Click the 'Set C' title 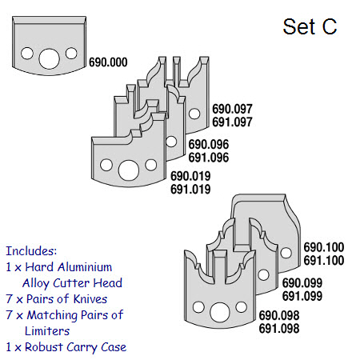pos(310,26)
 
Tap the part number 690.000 pos(108,62)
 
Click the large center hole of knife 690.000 pos(49,58)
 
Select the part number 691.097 pos(232,122)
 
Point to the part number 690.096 pos(209,145)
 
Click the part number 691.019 pos(190,190)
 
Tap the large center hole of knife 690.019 pos(129,170)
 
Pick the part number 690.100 pos(324,247)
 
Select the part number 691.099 pos(302,296)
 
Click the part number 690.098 pos(279,315)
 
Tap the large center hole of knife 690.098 pos(220,312)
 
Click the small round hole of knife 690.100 pos(286,253)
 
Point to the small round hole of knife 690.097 pos(194,114)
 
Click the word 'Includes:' pos(31,251)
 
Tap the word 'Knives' pos(90,299)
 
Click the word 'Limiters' pos(47,331)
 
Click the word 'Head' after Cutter pos(108,283)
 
